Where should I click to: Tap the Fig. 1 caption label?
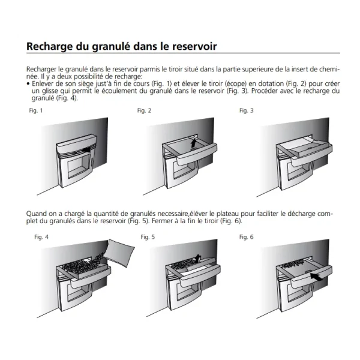pos(36,110)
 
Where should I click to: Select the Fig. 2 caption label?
pos(144,110)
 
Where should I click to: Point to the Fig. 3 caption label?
pos(247,110)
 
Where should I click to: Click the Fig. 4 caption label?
pos(41,237)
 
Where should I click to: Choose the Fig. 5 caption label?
pos(148,237)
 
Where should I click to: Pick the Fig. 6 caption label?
pos(247,237)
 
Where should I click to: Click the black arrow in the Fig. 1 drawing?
pos(85,150)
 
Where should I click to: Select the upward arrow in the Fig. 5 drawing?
pos(197,258)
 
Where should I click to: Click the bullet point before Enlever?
pos(28,84)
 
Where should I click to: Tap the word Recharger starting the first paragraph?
pos(41,70)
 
